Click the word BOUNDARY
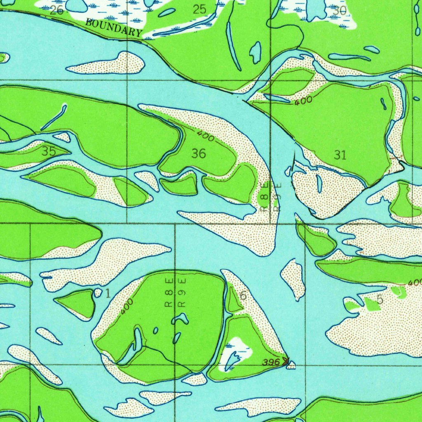tap(114, 28)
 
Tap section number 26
tap(56, 10)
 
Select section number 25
tap(199, 9)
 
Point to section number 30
tap(340, 11)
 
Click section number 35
tap(49, 151)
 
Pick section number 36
tap(198, 154)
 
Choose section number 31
tap(340, 155)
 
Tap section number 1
tap(108, 293)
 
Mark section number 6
tap(243, 295)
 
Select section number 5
tap(380, 300)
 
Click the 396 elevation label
tap(271, 363)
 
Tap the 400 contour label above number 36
tap(205, 136)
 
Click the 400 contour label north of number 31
tap(303, 101)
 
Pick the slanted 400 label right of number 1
tap(127, 307)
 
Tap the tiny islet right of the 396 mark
tap(291, 365)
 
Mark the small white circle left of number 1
tap(98, 293)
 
